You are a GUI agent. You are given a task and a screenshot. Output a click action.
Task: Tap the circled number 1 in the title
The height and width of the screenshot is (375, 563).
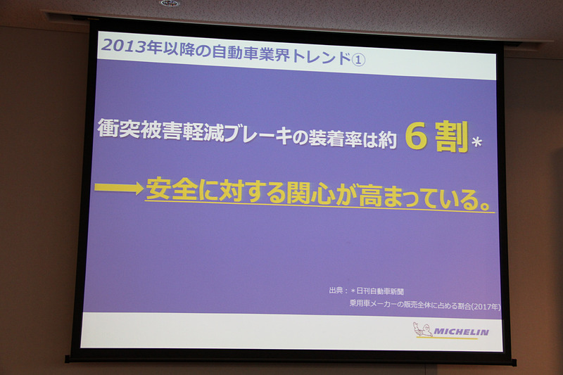coord(358,60)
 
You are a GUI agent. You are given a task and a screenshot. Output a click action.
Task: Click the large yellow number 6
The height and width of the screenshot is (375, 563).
coord(417,138)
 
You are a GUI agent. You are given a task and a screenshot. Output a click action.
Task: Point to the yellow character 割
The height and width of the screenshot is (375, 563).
coord(450,139)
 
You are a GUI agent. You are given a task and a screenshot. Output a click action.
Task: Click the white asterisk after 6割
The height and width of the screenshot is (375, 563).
coord(476,144)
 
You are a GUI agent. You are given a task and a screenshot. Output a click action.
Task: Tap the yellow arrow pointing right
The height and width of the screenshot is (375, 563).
coord(117,187)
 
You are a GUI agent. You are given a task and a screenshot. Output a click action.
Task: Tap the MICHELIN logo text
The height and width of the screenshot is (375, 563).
coord(462,331)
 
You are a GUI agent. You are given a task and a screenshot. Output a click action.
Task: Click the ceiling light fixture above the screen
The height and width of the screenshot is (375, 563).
coord(169,3)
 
